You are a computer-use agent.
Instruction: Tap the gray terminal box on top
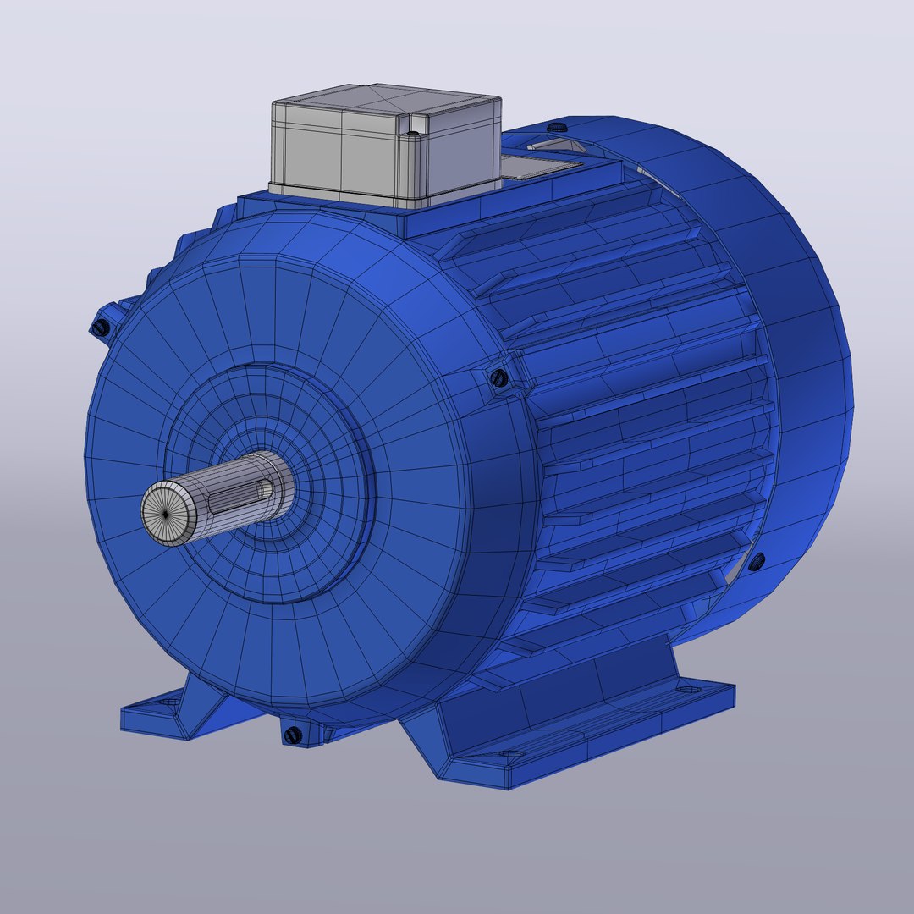[x=385, y=148]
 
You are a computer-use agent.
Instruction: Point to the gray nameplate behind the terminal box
[x=542, y=165]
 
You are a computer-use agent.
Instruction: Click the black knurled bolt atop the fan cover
[x=557, y=126]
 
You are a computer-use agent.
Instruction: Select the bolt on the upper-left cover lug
[x=101, y=328]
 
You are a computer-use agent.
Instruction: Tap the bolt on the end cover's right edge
[x=498, y=377]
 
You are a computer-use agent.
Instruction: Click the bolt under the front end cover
[x=294, y=735]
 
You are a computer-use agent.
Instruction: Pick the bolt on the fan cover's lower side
[x=756, y=559]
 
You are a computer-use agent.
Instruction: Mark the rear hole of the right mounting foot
[x=687, y=690]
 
